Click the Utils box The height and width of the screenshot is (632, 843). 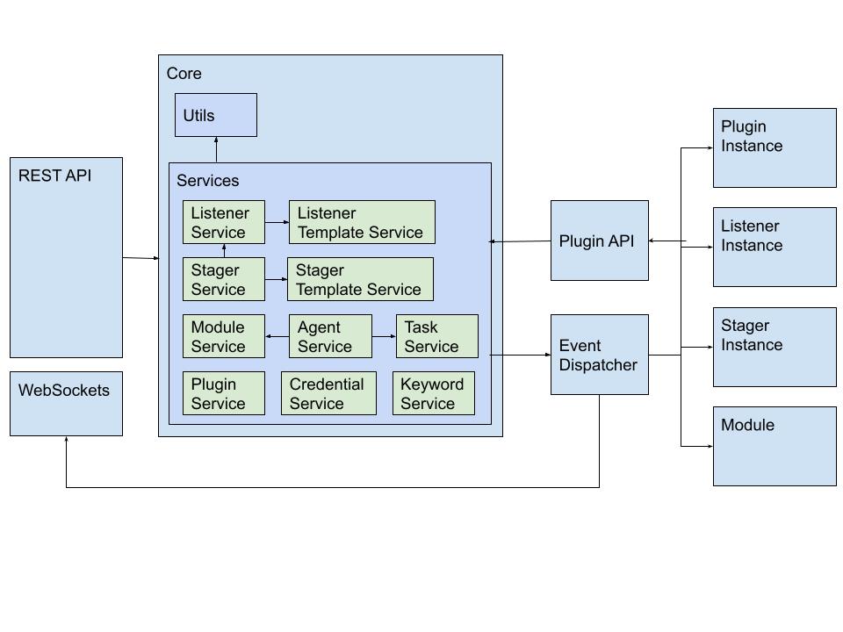tap(215, 115)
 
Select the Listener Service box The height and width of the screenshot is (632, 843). tap(223, 222)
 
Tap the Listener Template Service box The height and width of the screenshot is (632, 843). tap(361, 222)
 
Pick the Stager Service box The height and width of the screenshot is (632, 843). tap(223, 279)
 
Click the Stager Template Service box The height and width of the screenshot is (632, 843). tap(360, 279)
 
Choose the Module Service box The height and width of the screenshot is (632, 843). tap(223, 336)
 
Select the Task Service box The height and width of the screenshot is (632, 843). tap(436, 336)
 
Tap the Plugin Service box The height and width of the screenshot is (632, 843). tap(223, 393)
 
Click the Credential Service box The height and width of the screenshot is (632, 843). tap(328, 393)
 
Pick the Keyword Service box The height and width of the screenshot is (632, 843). tap(433, 393)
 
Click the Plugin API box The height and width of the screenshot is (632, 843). tap(599, 241)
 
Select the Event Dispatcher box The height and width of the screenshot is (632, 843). tap(599, 355)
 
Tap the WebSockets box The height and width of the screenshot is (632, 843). tap(66, 404)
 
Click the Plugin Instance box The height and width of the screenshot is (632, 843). tap(774, 147)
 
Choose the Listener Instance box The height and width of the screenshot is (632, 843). tap(774, 247)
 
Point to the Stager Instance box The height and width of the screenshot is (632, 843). tap(774, 347)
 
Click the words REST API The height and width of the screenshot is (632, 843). tap(54, 176)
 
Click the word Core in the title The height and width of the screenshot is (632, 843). tap(184, 74)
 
